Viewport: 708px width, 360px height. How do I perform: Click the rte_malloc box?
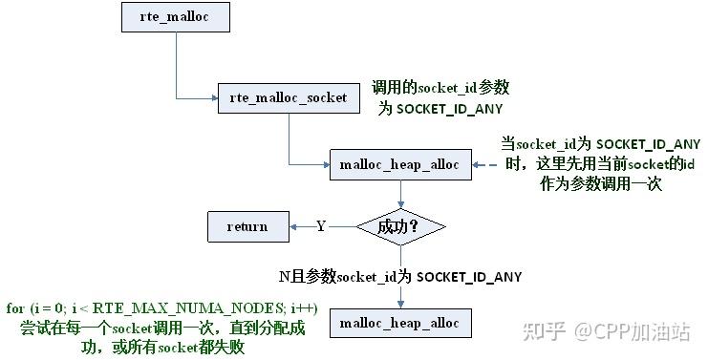tap(176, 17)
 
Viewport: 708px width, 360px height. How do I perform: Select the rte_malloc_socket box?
tap(289, 97)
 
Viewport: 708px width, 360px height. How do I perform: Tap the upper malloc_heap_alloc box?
tap(399, 164)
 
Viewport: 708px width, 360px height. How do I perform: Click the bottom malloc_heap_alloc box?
tap(399, 324)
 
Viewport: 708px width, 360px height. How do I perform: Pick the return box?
tap(247, 226)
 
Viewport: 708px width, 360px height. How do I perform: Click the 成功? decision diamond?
tap(399, 227)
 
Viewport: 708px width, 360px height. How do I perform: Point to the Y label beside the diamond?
tap(321, 226)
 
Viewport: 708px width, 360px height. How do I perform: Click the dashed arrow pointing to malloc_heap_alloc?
tap(485, 164)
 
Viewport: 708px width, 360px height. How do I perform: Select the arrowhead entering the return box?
tap(291, 226)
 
